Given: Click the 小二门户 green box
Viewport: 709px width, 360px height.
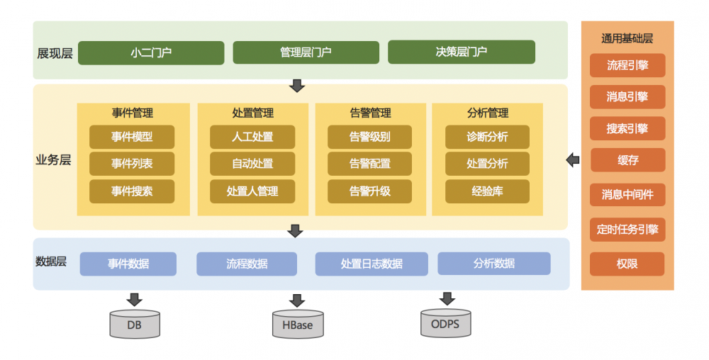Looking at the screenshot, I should [151, 52].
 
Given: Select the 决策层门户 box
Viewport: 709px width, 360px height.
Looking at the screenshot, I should [461, 52].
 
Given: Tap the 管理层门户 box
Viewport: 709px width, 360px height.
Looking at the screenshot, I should [306, 52].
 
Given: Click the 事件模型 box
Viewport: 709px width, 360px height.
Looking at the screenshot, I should [132, 137].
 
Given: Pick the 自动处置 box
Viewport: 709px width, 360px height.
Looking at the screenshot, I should [252, 164].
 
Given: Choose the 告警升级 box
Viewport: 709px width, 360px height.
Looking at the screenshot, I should [370, 191].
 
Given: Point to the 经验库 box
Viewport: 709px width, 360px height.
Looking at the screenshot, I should [487, 191].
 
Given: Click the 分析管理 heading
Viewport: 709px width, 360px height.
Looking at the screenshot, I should [487, 113].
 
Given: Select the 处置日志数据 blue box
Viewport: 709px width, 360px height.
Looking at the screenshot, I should [372, 264].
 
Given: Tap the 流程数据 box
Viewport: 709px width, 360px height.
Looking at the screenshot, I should [247, 264].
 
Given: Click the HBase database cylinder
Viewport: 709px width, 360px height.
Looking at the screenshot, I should [298, 325].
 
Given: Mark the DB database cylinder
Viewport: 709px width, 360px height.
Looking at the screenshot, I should [135, 325].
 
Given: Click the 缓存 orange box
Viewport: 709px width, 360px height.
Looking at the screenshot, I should [627, 160].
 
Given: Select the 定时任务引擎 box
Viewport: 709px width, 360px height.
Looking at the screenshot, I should [627, 230].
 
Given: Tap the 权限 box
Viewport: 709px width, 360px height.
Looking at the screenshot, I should [627, 264].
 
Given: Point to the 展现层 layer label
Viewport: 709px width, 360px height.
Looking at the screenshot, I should [55, 53].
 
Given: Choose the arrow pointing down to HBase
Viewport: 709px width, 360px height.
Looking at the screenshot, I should [297, 300].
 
